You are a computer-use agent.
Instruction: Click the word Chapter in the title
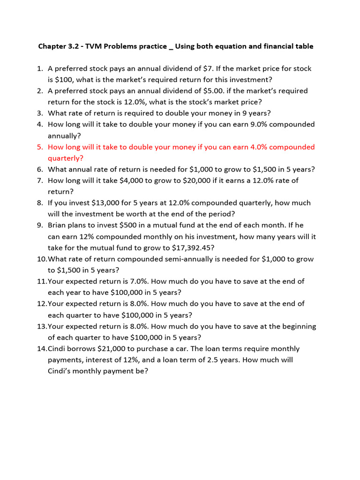click(x=53, y=46)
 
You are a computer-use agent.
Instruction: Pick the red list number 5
click(x=40, y=147)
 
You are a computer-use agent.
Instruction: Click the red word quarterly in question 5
click(x=65, y=158)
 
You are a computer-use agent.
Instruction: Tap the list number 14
click(x=42, y=349)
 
